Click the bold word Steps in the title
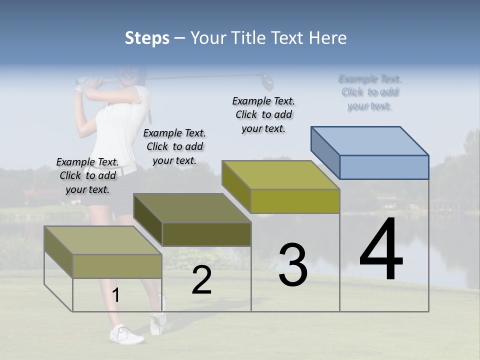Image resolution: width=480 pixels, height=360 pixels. pyautogui.click(x=146, y=38)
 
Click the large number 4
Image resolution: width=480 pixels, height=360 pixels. pyautogui.click(x=381, y=250)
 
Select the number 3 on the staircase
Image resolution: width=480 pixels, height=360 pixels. pyautogui.click(x=293, y=265)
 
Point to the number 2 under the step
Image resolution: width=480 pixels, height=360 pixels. pyautogui.click(x=201, y=280)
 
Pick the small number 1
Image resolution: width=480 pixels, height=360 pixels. pyautogui.click(x=116, y=296)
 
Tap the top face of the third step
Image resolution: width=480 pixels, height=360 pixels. pyautogui.click(x=280, y=175)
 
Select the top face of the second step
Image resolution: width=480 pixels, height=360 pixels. pyautogui.click(x=191, y=208)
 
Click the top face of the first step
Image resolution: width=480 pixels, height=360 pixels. pyautogui.click(x=102, y=240)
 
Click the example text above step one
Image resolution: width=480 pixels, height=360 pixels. pyautogui.click(x=87, y=175)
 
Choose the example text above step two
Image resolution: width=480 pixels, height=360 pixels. pyautogui.click(x=174, y=146)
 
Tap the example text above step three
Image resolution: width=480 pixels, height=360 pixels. pyautogui.click(x=263, y=114)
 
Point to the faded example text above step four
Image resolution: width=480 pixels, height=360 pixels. pyautogui.click(x=370, y=92)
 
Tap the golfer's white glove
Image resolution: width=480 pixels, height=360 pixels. pyautogui.click(x=79, y=88)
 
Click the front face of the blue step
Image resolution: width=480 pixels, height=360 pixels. pyautogui.click(x=384, y=167)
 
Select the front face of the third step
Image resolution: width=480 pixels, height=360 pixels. pyautogui.click(x=295, y=201)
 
